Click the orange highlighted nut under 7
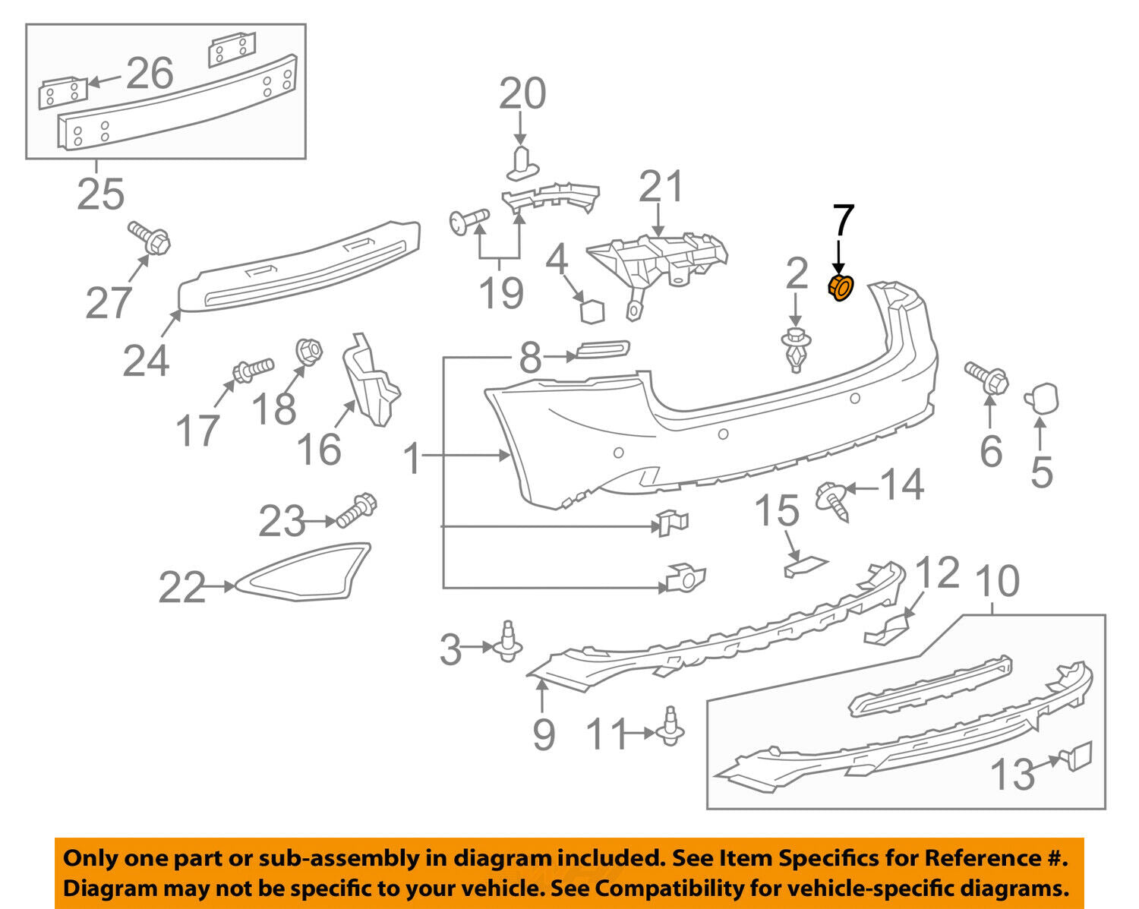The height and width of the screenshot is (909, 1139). pyautogui.click(x=841, y=288)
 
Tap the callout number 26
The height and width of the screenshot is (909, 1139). pyautogui.click(x=150, y=74)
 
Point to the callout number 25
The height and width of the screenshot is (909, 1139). pyautogui.click(x=100, y=194)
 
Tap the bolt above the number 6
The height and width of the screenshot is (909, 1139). pyautogui.click(x=986, y=377)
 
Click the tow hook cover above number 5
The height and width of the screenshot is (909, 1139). pyautogui.click(x=1042, y=399)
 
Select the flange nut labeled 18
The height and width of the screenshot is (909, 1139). pyautogui.click(x=308, y=351)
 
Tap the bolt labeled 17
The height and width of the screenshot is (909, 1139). pyautogui.click(x=253, y=370)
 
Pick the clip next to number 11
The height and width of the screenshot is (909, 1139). pyautogui.click(x=670, y=728)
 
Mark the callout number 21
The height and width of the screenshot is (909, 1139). pyautogui.click(x=661, y=187)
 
